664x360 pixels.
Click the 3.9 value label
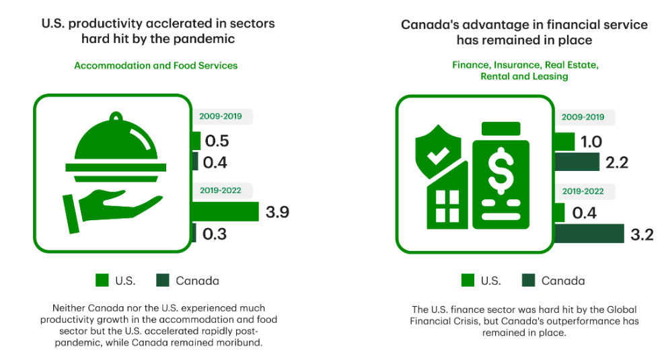point(277,212)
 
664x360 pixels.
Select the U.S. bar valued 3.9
point(225,211)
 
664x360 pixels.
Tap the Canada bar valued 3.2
point(589,233)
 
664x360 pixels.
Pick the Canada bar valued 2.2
point(577,161)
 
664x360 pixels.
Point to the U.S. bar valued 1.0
point(564,141)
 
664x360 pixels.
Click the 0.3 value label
point(215,233)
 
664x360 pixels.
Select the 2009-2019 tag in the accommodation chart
point(221,116)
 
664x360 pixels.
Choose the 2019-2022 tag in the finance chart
point(583,191)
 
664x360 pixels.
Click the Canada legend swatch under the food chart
point(163,281)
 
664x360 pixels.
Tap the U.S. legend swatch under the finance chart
point(468,281)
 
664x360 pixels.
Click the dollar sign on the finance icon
point(501,171)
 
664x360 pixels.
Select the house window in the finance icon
point(447,207)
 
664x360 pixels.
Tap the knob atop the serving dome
point(116,117)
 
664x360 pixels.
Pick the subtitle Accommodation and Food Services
point(156,66)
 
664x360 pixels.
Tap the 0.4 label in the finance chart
point(585,213)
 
